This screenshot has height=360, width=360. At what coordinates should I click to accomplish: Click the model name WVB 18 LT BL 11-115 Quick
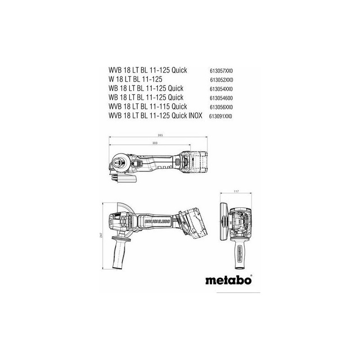[147, 106]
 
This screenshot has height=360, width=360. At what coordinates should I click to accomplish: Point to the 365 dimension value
[160, 135]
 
